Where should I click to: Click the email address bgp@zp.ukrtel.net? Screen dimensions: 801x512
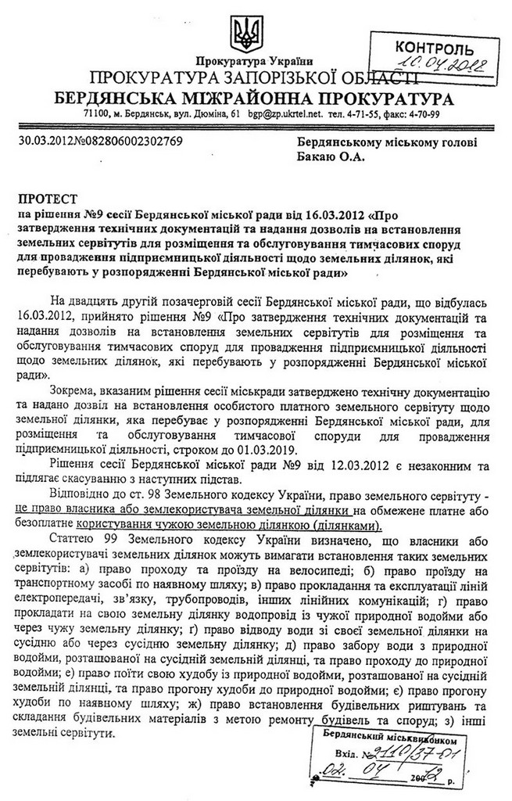tap(285, 114)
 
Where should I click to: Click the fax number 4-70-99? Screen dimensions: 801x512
tap(424, 114)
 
